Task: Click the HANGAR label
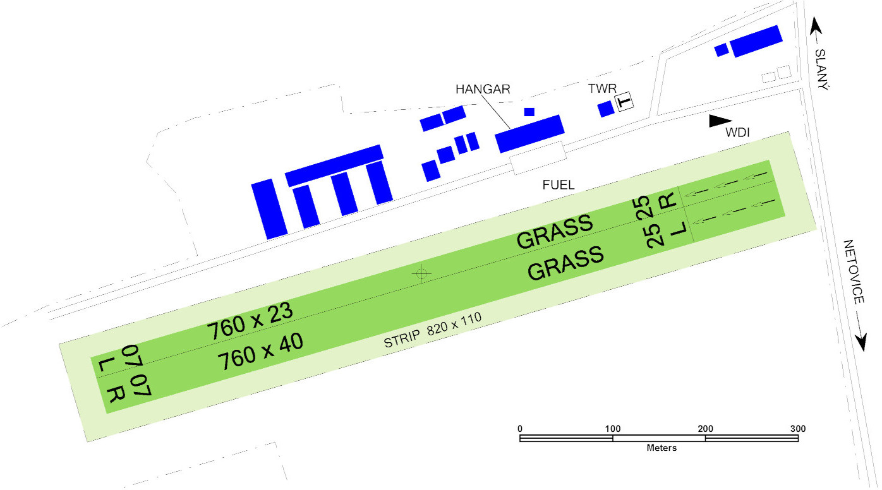[x=483, y=89]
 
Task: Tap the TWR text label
[x=602, y=88]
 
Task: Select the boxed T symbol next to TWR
[x=624, y=102]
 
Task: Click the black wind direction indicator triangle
[x=720, y=121]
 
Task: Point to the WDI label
[x=737, y=133]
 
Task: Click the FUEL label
[x=559, y=185]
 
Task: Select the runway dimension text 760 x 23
[x=250, y=321]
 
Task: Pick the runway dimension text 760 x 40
[x=261, y=352]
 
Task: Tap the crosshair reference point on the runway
[x=421, y=273]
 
